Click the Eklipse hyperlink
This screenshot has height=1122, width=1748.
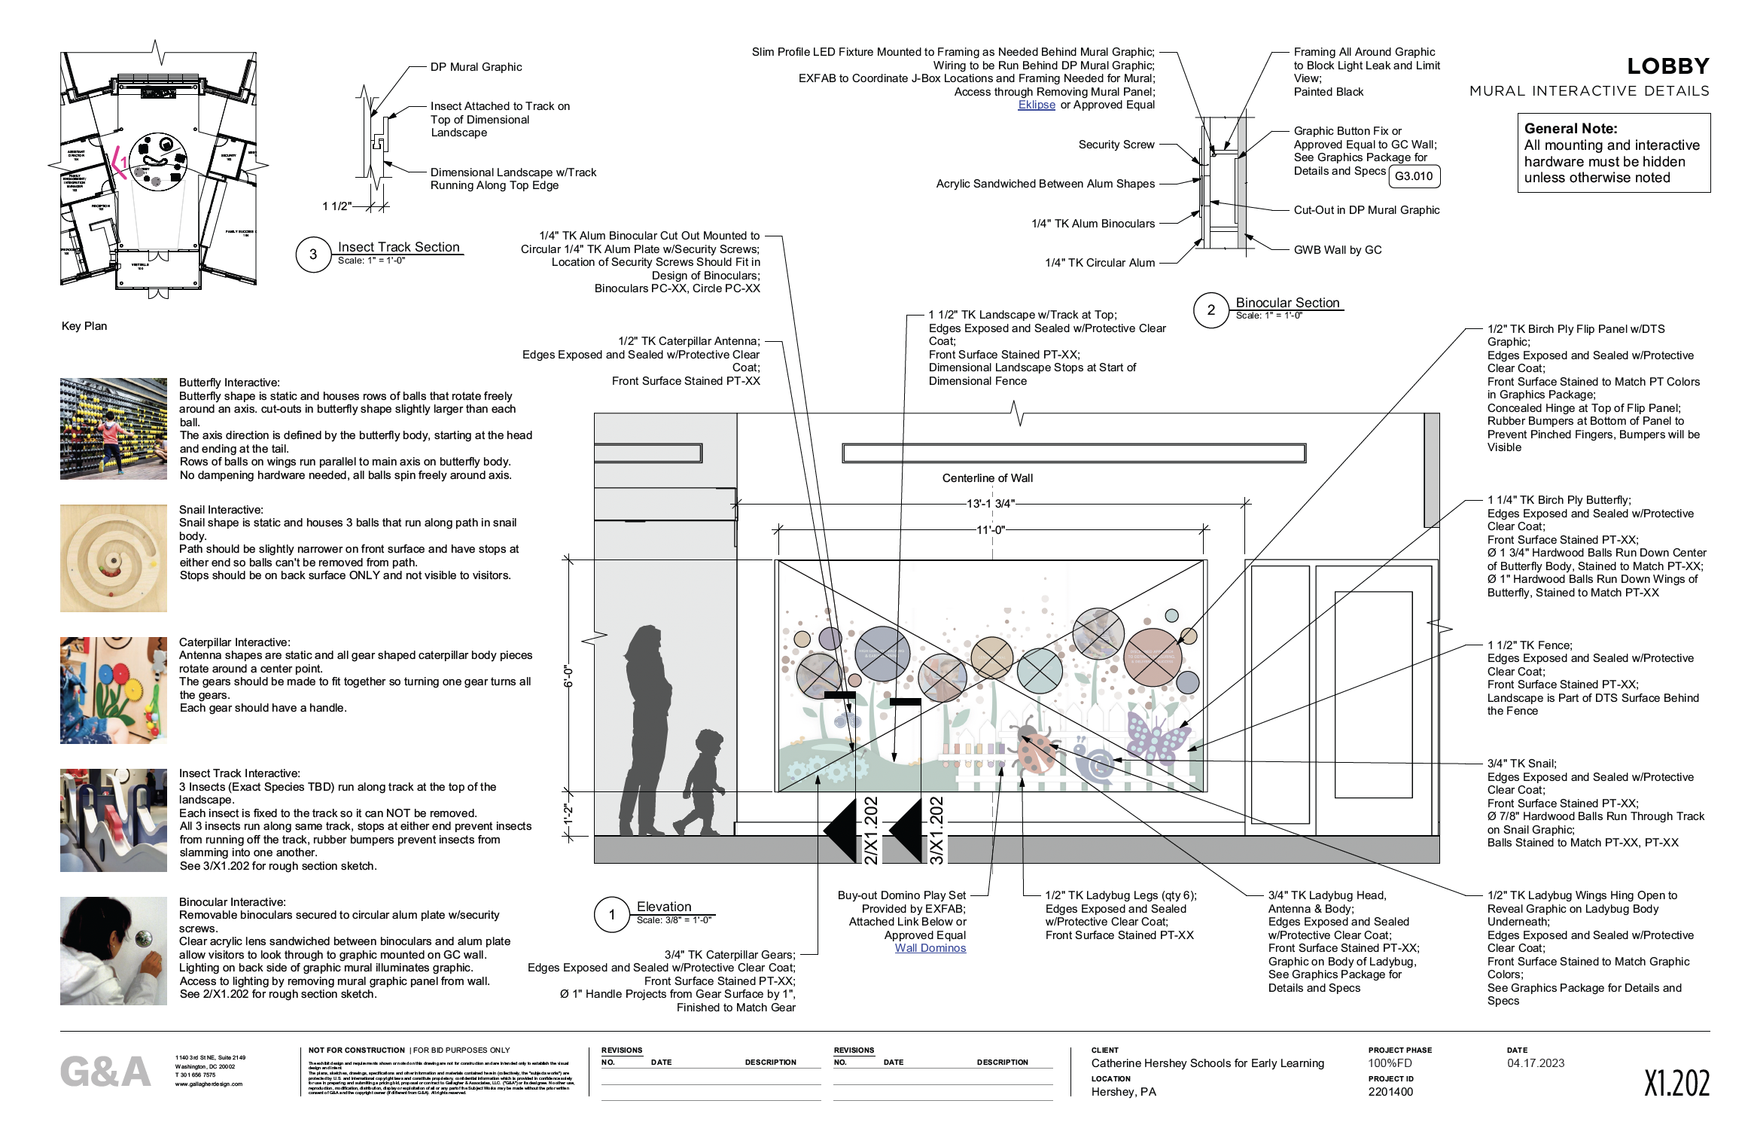(x=1036, y=105)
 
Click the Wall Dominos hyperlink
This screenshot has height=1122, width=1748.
(x=930, y=948)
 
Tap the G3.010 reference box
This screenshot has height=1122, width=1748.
(x=1413, y=176)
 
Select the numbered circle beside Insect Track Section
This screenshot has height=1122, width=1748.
(x=313, y=255)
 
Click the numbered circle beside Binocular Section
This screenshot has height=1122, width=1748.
(x=1211, y=310)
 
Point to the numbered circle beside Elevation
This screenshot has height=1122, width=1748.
(x=611, y=915)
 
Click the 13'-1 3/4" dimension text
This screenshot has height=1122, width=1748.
(x=990, y=504)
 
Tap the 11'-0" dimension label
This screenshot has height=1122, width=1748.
(x=990, y=530)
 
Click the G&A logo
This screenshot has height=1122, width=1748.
(x=105, y=1072)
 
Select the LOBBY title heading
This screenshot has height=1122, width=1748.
(x=1667, y=66)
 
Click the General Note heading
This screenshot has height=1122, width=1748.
(x=1570, y=129)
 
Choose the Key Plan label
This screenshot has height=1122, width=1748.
(x=84, y=326)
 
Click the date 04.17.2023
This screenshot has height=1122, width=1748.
(x=1535, y=1063)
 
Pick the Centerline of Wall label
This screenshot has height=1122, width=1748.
(x=987, y=478)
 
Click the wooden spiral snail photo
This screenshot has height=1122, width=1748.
(x=114, y=558)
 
